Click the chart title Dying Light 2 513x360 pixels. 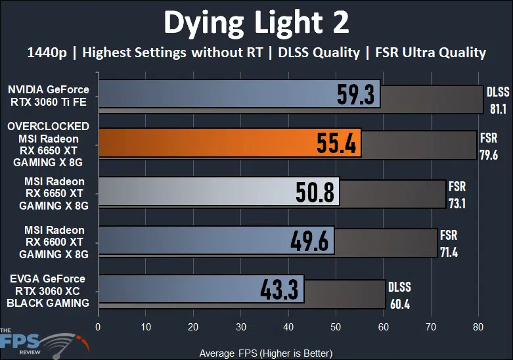click(x=256, y=23)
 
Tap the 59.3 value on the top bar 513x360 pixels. click(x=355, y=95)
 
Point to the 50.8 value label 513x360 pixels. click(x=314, y=192)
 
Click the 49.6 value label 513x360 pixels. click(x=309, y=240)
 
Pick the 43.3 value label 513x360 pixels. click(x=279, y=290)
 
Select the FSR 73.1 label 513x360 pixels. click(x=457, y=194)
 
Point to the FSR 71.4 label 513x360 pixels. click(x=449, y=242)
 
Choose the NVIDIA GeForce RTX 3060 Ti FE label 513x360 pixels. click(x=49, y=95)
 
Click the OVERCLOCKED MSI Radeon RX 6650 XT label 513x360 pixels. click(x=49, y=144)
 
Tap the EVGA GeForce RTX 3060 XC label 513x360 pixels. click(x=49, y=291)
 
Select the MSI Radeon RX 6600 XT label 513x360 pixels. click(x=54, y=241)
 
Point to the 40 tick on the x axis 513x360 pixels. click(x=288, y=326)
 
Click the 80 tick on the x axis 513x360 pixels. click(x=478, y=326)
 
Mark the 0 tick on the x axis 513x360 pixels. click(x=98, y=326)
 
